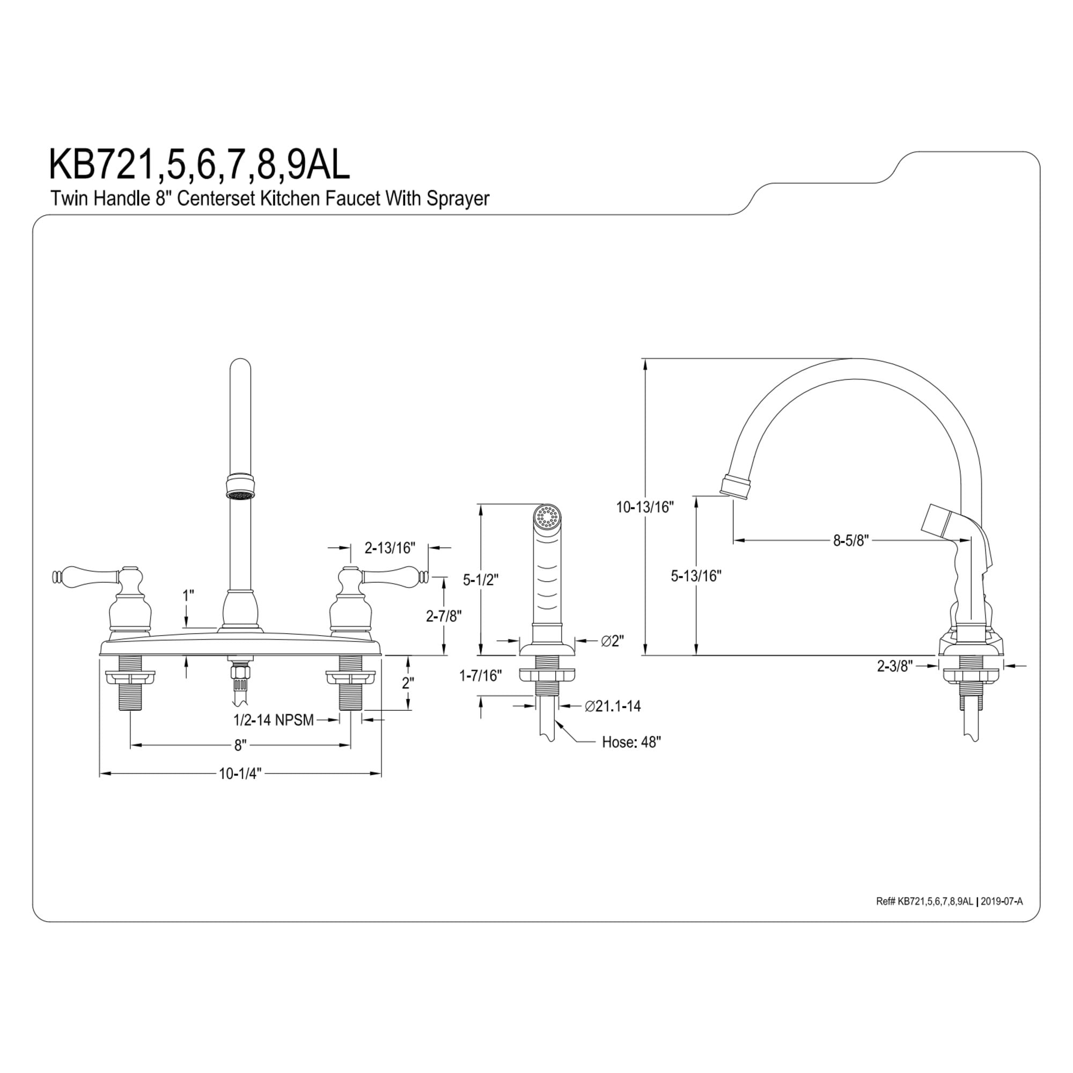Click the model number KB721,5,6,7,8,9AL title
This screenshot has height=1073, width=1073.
coord(200,164)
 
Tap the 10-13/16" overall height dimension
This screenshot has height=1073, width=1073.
coord(645,507)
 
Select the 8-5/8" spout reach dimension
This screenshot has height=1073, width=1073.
coord(850,540)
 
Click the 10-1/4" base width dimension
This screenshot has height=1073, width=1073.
coord(240,774)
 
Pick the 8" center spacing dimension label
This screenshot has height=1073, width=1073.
coord(240,745)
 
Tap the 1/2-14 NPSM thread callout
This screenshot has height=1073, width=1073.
coord(273,720)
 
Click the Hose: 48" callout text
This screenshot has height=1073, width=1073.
coord(631,742)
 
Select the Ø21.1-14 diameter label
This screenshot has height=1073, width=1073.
coord(613,706)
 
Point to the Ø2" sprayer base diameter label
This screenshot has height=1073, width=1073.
coord(613,641)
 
